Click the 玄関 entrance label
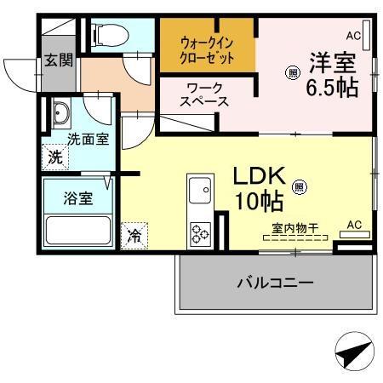59,60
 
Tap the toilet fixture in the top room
108,34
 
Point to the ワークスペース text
205,94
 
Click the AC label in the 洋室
353,36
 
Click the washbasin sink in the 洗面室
61,113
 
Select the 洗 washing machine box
54,157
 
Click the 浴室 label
79,198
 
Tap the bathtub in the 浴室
78,230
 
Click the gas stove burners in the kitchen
201,232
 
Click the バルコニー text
275,283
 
